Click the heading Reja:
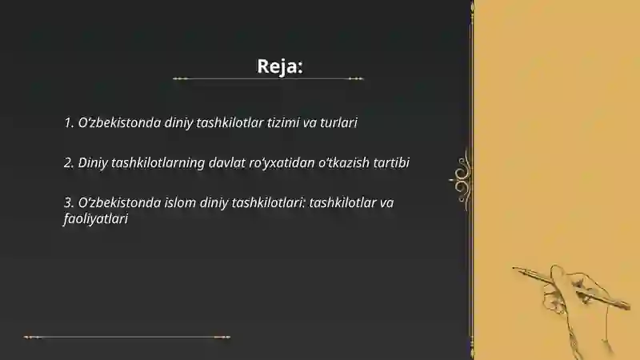[x=279, y=66]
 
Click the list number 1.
[x=68, y=123]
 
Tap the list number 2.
[x=68, y=162]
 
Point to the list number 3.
[x=68, y=202]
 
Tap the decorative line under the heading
[x=268, y=79]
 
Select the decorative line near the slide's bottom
[x=127, y=337]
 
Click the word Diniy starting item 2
[x=94, y=162]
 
